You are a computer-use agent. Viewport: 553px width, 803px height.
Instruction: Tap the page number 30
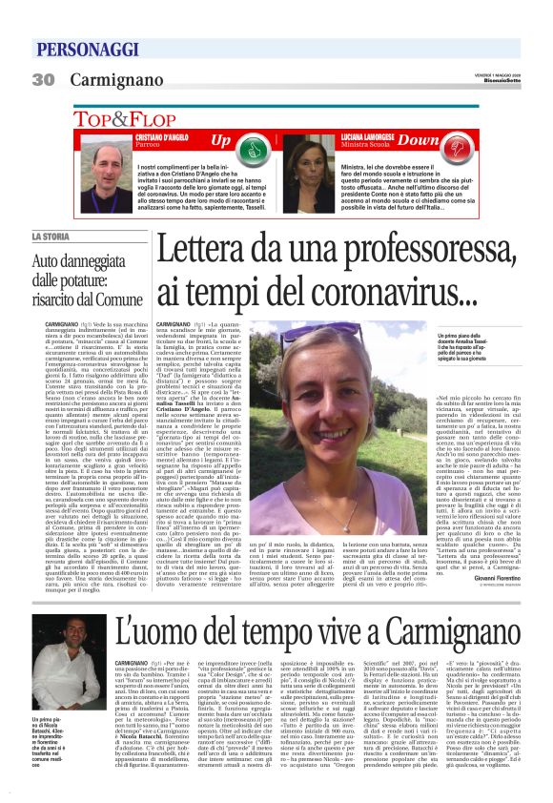(44, 80)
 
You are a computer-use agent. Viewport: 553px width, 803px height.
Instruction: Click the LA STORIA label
(52, 236)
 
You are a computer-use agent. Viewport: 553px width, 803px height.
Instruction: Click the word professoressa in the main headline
(354, 251)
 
